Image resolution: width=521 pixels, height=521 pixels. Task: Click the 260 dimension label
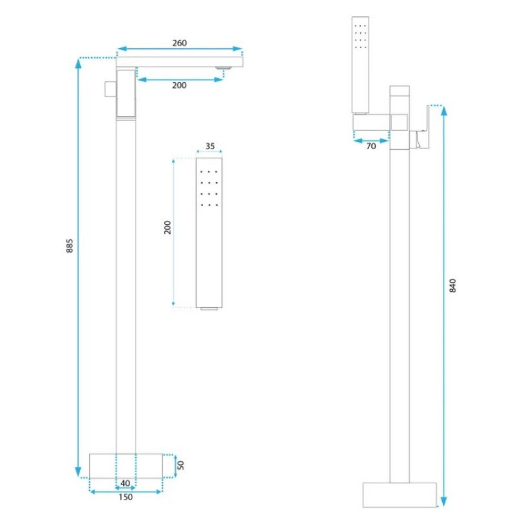180,43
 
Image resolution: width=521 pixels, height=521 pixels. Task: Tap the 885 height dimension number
70,246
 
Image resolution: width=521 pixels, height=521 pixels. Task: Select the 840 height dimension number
453,286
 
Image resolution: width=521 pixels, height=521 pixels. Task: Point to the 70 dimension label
371,146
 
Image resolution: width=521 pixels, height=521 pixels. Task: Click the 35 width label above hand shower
210,146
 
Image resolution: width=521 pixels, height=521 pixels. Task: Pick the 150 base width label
125,497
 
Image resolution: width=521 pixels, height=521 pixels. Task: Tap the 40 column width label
125,483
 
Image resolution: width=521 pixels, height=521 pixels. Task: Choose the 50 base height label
180,465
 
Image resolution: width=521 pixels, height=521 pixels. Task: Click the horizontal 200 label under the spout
180,85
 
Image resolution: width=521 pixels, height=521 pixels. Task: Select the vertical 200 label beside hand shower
167,227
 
